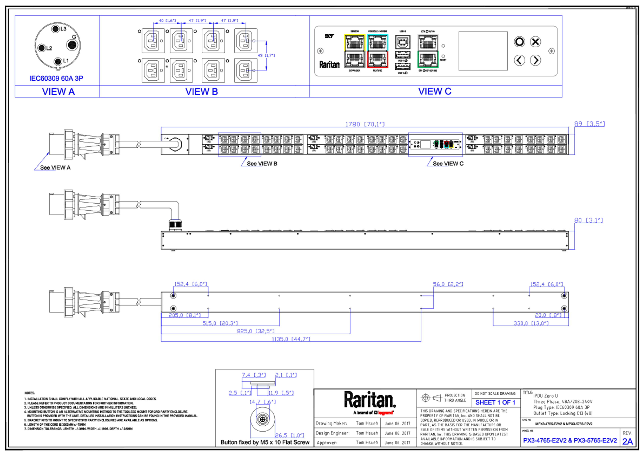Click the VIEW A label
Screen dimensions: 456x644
[58, 91]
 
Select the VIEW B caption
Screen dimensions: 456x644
[201, 91]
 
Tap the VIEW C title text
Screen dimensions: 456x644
[435, 91]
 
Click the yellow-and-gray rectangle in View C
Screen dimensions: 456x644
[355, 51]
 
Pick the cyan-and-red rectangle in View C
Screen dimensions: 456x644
[378, 51]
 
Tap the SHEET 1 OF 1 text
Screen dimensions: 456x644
[495, 403]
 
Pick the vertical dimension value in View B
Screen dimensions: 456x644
[266, 55]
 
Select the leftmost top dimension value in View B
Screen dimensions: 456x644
[167, 20]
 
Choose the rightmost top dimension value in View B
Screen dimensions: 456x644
[229, 20]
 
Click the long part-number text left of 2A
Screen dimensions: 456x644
[570, 441]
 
